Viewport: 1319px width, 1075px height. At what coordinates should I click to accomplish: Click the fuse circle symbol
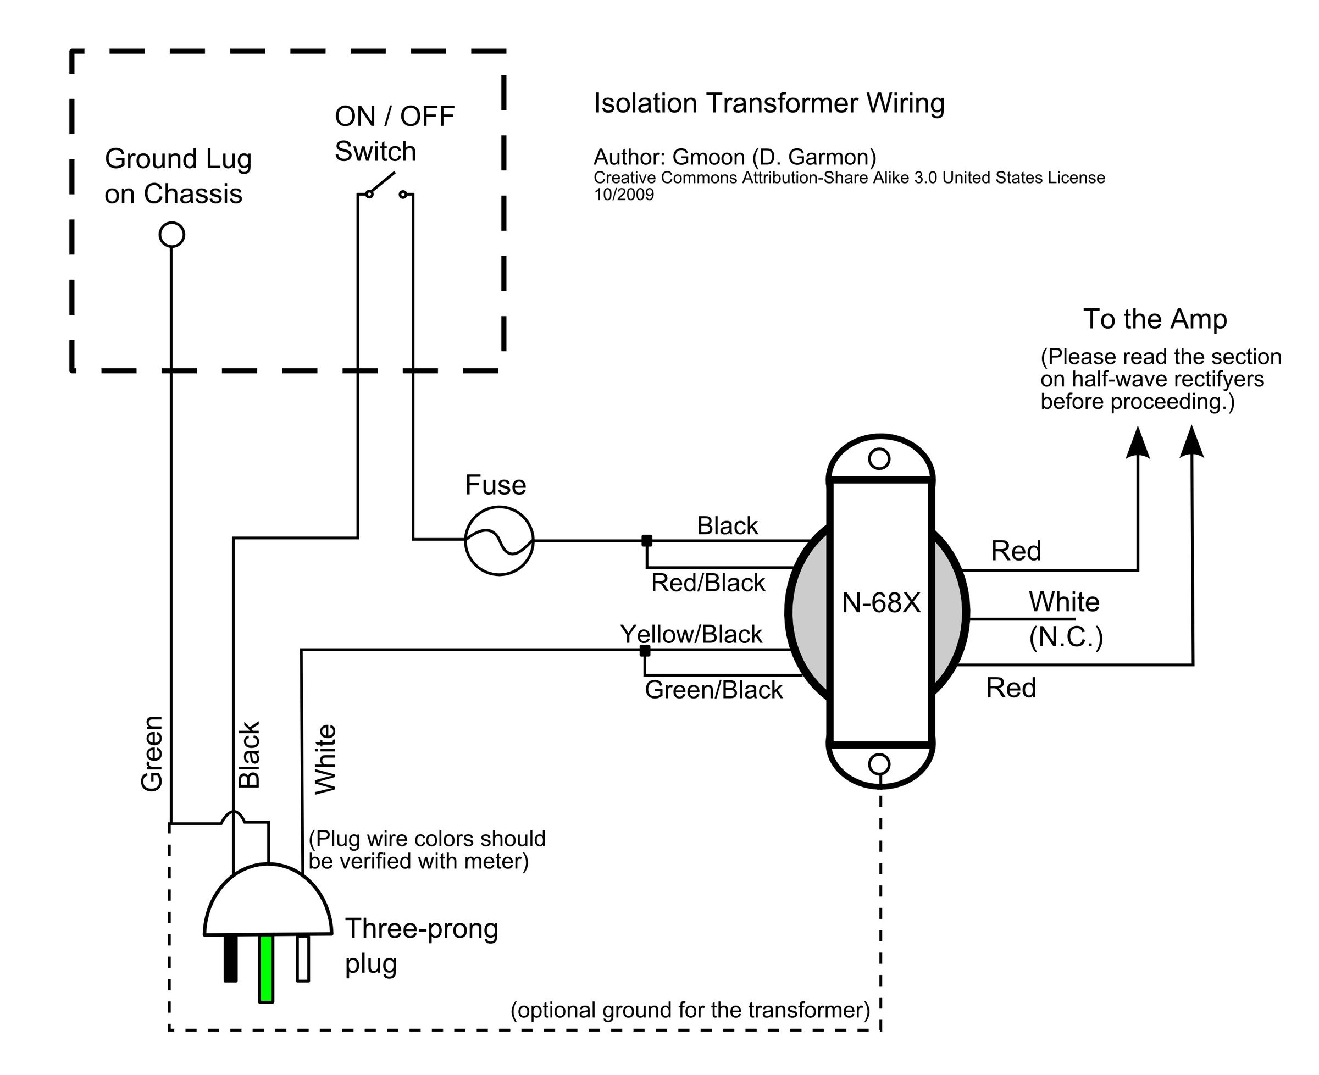pyautogui.click(x=498, y=541)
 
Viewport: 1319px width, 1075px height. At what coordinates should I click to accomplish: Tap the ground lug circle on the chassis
pyautogui.click(x=171, y=235)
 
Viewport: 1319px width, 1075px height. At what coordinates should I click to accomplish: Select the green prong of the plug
pyautogui.click(x=267, y=968)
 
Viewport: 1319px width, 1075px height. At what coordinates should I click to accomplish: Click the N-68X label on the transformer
pyautogui.click(x=880, y=603)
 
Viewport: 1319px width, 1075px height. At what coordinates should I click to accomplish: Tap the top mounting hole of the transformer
pyautogui.click(x=879, y=459)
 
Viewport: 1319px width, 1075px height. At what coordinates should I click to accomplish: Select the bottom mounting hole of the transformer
pyautogui.click(x=879, y=764)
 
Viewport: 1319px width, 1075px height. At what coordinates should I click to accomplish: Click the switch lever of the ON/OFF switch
pyautogui.click(x=381, y=184)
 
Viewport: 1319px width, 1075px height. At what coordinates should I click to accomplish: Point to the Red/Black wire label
pyautogui.click(x=708, y=583)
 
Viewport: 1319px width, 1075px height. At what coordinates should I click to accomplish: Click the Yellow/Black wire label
pyautogui.click(x=691, y=634)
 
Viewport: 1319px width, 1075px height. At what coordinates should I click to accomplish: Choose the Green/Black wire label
pyautogui.click(x=713, y=690)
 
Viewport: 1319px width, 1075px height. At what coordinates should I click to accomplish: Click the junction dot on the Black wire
pyautogui.click(x=646, y=541)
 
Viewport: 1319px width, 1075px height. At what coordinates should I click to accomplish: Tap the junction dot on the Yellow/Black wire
pyautogui.click(x=645, y=650)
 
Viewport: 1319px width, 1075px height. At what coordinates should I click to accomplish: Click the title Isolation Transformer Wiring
pyautogui.click(x=769, y=103)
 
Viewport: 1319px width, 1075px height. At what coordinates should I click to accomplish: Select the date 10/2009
pyautogui.click(x=624, y=195)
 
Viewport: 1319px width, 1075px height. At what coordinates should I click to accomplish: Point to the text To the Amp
pyautogui.click(x=1155, y=319)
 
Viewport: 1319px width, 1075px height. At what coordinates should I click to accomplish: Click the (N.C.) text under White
pyautogui.click(x=1066, y=637)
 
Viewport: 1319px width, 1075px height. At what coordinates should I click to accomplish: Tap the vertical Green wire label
pyautogui.click(x=152, y=753)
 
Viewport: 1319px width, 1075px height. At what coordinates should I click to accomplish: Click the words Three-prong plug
pyautogui.click(x=421, y=946)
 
